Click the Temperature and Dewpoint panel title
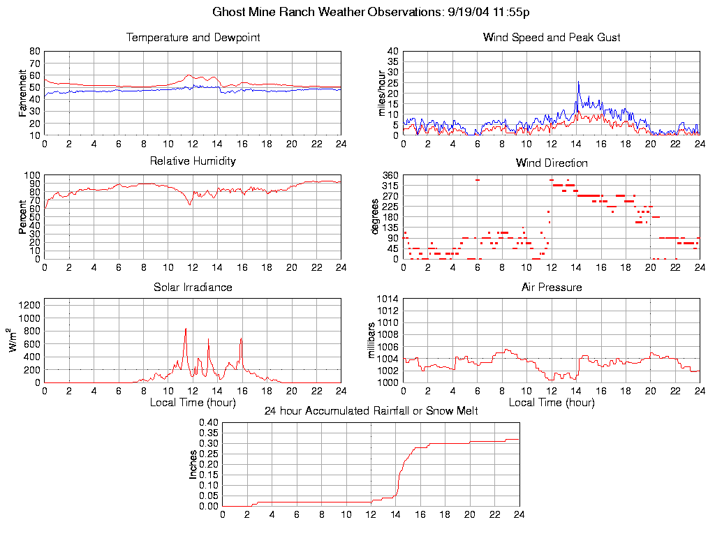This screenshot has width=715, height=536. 193,38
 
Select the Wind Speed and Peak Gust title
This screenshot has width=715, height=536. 552,38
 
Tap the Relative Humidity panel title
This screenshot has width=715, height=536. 193,161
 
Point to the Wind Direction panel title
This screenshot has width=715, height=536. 552,163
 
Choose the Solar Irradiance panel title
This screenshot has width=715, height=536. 193,288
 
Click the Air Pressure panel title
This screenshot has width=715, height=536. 552,288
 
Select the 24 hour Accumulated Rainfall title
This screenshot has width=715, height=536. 371,411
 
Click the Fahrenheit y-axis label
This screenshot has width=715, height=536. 23,93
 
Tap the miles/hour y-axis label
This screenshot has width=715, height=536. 382,93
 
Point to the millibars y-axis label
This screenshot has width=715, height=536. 372,341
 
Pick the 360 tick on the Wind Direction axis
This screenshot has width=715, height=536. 390,175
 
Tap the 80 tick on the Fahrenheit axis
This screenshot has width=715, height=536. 34,51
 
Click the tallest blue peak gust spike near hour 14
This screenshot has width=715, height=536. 578,82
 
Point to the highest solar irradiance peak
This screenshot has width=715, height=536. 186,328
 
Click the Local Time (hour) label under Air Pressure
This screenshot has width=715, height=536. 552,403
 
